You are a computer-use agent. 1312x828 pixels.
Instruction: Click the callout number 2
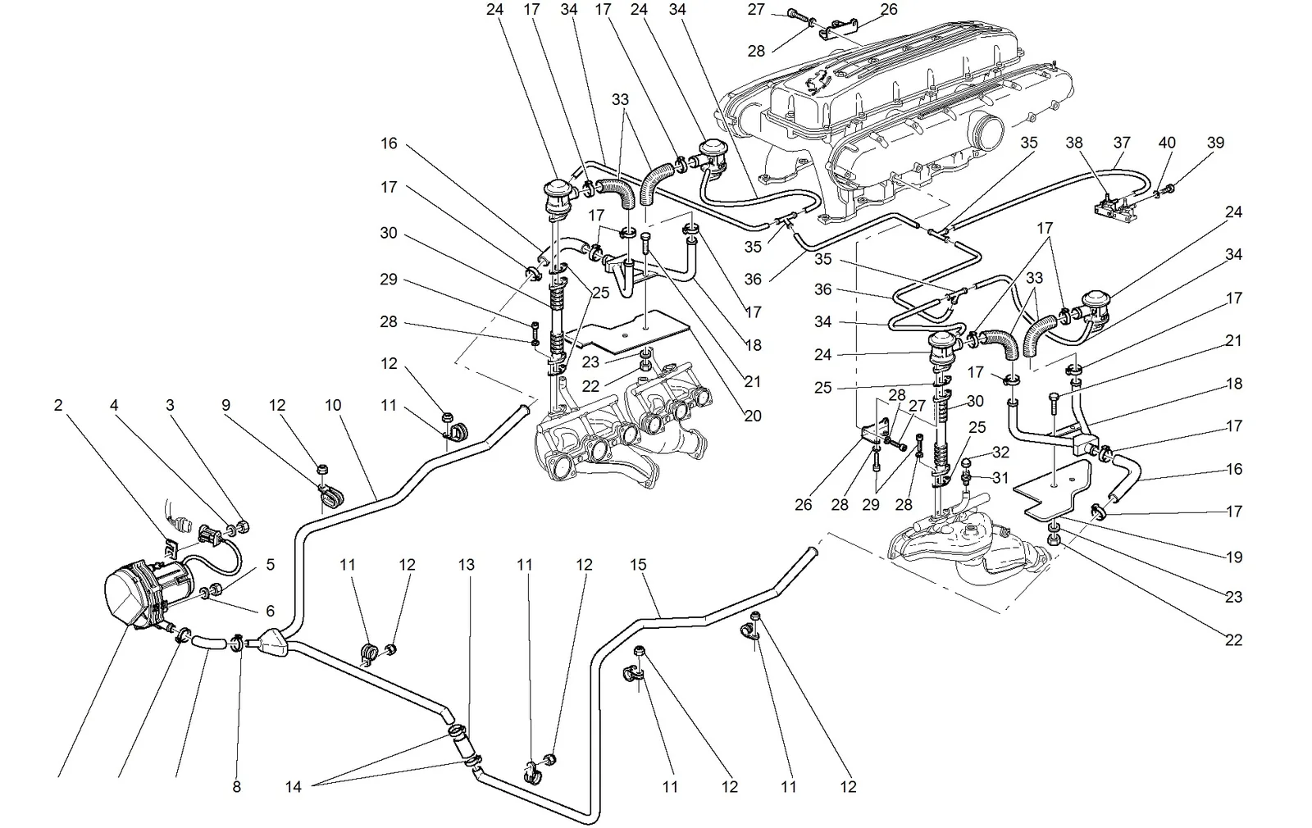(x=58, y=405)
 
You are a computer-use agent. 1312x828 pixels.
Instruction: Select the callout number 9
(x=226, y=405)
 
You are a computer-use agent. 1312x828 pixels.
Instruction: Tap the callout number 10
(x=333, y=405)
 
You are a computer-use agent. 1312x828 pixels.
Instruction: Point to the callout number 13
(x=467, y=565)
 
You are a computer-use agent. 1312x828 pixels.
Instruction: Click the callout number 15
(x=639, y=565)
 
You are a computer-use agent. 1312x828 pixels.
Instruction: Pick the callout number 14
(x=294, y=787)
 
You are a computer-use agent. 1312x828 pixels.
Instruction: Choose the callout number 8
(x=237, y=787)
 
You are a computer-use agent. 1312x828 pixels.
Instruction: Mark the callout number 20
(x=753, y=416)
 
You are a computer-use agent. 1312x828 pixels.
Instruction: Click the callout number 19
(x=1233, y=557)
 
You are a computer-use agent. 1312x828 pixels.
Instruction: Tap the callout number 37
(x=1122, y=143)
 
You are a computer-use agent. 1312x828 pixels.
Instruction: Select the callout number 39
(x=1216, y=143)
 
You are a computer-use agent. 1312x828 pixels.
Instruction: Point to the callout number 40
(x=1168, y=143)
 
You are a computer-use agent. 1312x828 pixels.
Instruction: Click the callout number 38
(x=1074, y=143)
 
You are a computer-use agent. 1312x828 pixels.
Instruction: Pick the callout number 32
(x=1001, y=452)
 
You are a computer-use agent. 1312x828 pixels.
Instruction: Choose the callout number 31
(x=1001, y=478)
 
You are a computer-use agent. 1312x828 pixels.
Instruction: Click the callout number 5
(x=270, y=565)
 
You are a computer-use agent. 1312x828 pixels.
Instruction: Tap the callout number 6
(x=270, y=611)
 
